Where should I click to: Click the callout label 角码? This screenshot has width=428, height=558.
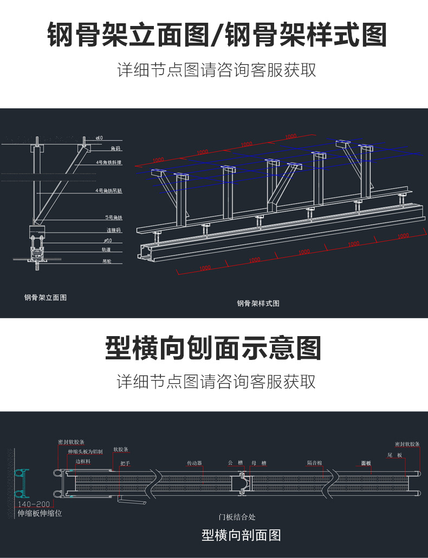(x=115, y=148)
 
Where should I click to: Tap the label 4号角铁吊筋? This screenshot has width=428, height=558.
(x=109, y=191)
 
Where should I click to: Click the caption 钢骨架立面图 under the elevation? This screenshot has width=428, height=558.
(x=46, y=298)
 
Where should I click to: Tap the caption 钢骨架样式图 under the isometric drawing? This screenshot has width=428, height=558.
(x=258, y=304)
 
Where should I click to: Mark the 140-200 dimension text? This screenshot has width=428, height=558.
(x=34, y=504)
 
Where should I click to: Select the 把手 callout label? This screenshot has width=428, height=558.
(x=125, y=463)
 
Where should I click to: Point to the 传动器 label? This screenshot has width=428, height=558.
(x=194, y=463)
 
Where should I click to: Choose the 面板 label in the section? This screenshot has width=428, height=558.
(x=366, y=463)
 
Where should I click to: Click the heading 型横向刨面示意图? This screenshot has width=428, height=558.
(x=213, y=348)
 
